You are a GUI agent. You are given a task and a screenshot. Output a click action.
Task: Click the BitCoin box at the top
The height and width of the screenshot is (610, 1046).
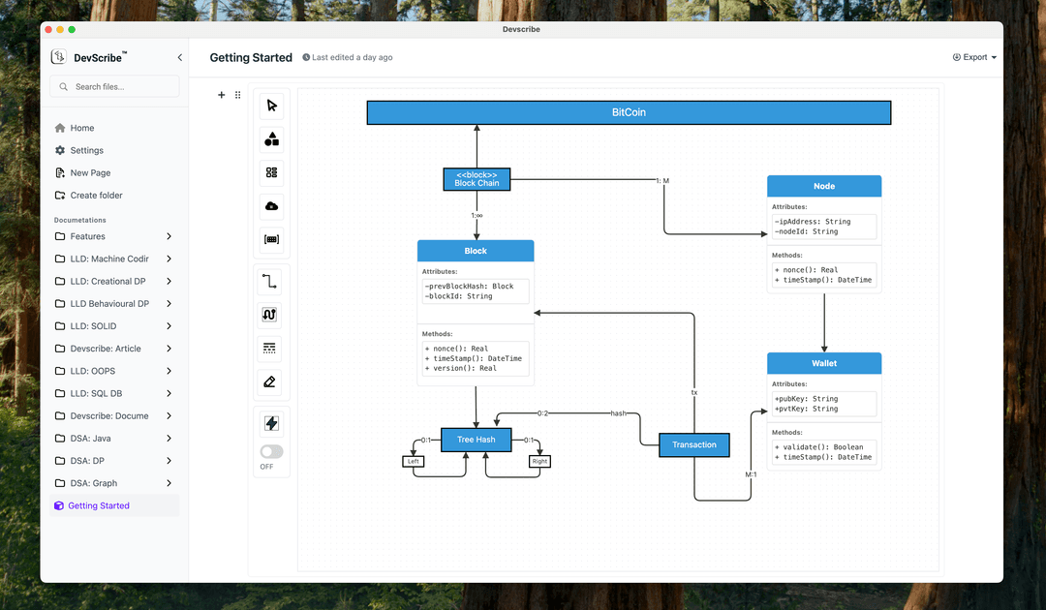pos(629,112)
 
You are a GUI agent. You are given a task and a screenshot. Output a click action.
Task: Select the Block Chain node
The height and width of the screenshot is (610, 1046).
pos(477,179)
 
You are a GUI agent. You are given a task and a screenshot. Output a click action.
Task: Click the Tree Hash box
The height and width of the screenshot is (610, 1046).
pos(476,440)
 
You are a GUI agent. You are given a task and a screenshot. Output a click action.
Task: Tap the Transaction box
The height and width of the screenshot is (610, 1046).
pos(694,445)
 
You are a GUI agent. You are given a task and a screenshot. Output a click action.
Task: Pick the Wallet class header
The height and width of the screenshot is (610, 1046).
pos(824,363)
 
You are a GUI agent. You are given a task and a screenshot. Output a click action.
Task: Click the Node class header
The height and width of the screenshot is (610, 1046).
pos(824,186)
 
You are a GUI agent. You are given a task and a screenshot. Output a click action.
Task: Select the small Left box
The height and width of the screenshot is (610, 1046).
pos(414,462)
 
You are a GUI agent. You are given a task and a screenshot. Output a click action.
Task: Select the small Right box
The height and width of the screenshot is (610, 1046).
pos(539,462)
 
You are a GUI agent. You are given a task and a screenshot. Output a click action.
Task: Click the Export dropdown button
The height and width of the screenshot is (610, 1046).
pos(974,57)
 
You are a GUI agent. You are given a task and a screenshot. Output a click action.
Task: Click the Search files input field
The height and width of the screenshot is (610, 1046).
pos(114,87)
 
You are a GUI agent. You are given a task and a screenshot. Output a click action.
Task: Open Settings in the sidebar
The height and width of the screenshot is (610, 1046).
pos(86,150)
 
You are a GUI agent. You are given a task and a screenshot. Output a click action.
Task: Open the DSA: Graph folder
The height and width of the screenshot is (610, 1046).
pos(94,483)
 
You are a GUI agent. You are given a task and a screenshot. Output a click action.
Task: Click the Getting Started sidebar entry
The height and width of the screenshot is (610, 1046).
pos(98,505)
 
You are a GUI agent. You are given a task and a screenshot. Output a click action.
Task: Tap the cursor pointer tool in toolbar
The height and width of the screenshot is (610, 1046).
pos(271,106)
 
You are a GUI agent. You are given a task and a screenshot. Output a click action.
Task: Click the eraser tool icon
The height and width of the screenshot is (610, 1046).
pos(270,381)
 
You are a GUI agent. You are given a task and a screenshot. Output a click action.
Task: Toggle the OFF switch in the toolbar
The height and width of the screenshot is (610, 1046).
pos(271,451)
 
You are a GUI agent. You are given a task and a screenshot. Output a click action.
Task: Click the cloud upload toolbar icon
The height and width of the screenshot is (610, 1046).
pos(271,206)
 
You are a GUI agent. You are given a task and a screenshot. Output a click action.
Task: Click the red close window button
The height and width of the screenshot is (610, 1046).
pos(47,30)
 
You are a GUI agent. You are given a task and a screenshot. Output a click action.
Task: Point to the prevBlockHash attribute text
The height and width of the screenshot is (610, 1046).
pos(469,287)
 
